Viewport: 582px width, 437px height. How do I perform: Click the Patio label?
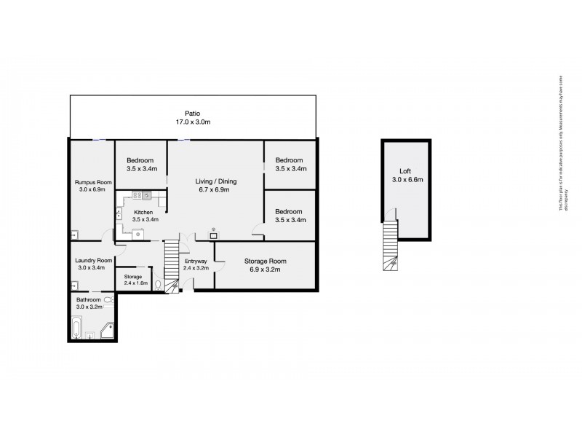(192, 114)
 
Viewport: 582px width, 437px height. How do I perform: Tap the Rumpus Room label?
(92, 182)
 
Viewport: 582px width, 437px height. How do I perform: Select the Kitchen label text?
(143, 212)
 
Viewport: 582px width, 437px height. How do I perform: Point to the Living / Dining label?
(215, 181)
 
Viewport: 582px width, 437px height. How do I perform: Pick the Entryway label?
(196, 261)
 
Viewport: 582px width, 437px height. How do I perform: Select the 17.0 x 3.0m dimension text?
(192, 122)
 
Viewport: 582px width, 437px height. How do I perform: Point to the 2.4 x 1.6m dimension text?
(135, 283)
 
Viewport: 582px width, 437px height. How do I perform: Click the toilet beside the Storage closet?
(158, 286)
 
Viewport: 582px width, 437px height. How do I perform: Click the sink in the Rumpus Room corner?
(75, 235)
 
